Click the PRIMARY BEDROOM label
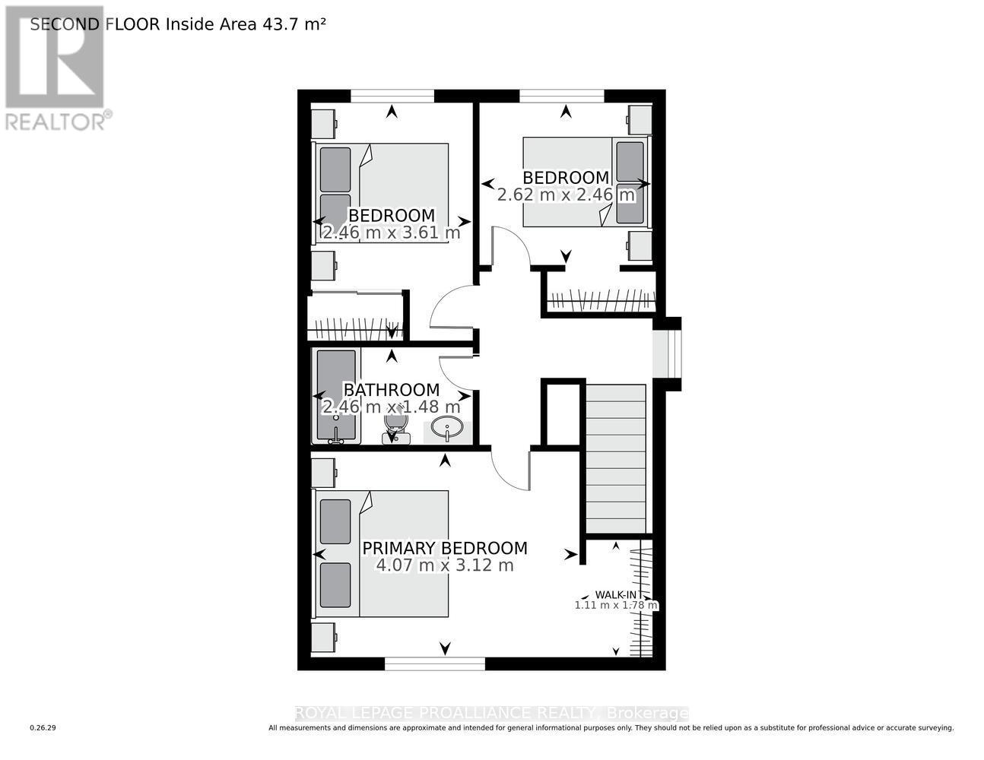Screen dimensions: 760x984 pyautogui.click(x=444, y=548)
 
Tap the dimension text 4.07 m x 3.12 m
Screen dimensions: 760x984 pyautogui.click(x=444, y=565)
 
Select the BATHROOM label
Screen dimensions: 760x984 pyautogui.click(x=391, y=390)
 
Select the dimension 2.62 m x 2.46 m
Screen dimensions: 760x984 pyautogui.click(x=566, y=195)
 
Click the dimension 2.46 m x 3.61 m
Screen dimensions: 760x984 pyautogui.click(x=391, y=233)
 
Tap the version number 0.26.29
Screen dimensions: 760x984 pyautogui.click(x=43, y=728)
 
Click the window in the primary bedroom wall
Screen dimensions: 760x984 pyautogui.click(x=434, y=663)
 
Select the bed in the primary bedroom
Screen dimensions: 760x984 pyautogui.click(x=382, y=553)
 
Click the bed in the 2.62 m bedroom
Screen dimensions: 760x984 pyautogui.click(x=586, y=181)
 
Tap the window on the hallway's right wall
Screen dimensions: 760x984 pyautogui.click(x=667, y=353)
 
